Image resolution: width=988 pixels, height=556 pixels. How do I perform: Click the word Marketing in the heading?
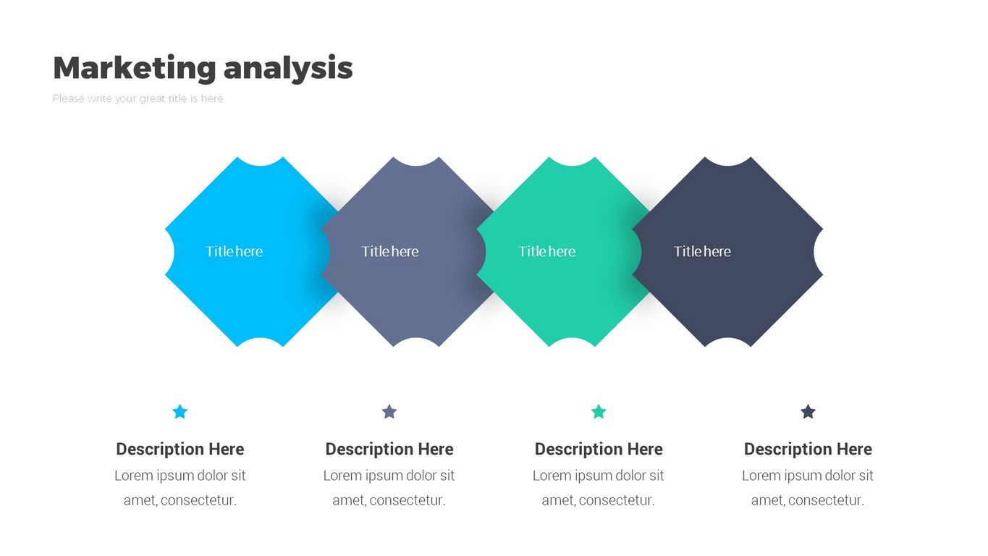[x=135, y=68]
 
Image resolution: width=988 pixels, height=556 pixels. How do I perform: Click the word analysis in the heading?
[x=288, y=68]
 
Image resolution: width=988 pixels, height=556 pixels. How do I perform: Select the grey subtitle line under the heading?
[x=138, y=98]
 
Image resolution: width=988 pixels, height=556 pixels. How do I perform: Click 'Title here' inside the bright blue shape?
[x=235, y=251]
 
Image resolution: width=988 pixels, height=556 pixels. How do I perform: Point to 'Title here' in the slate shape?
[x=390, y=251]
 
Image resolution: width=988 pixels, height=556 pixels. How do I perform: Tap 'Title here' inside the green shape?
[x=547, y=251]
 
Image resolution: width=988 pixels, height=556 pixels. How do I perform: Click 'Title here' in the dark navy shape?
[x=702, y=251]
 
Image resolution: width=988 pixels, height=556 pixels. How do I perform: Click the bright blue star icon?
[x=180, y=411]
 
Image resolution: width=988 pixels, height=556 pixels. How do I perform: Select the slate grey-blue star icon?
[x=389, y=411]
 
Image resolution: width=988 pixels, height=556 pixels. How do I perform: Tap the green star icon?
[x=599, y=411]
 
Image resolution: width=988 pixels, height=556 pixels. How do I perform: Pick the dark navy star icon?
[x=808, y=411]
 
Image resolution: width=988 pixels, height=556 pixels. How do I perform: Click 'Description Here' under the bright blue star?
[x=180, y=449]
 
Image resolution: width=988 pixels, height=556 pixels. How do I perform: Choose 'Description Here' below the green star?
[x=599, y=449]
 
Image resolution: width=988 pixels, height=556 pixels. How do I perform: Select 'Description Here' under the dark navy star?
[x=808, y=449]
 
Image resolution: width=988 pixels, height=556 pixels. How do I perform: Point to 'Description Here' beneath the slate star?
[x=389, y=449]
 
